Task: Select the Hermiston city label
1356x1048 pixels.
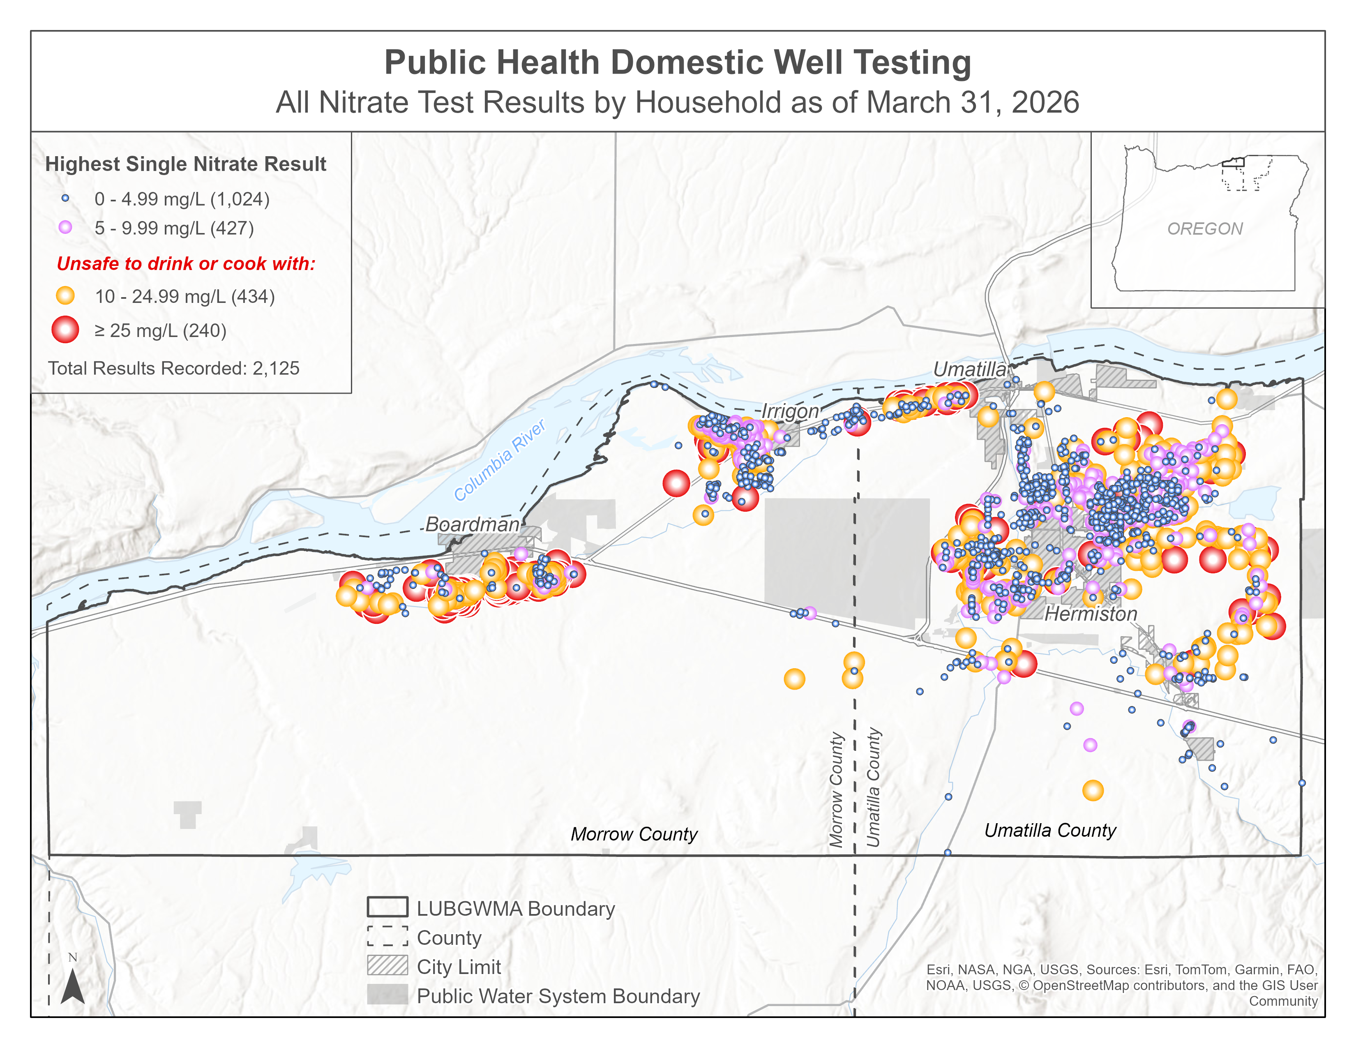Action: [x=1091, y=614]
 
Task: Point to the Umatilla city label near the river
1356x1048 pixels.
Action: [x=969, y=369]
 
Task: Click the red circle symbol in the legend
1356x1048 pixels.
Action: [x=65, y=330]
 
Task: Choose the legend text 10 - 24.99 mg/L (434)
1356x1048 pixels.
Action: [x=184, y=296]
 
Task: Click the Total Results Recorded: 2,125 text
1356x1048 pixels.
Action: [x=174, y=368]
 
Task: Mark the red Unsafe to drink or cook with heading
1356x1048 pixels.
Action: [x=186, y=263]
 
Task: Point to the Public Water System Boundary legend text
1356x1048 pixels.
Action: [x=558, y=996]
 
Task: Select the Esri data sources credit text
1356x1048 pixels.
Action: [x=1121, y=985]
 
